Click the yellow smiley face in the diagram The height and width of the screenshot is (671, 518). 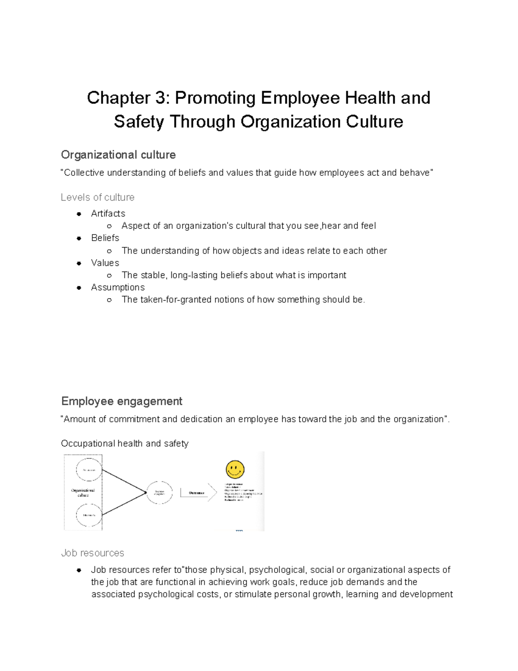pos(235,470)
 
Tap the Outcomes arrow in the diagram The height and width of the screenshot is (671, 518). pos(198,493)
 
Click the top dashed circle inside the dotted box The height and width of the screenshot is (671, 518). pos(89,470)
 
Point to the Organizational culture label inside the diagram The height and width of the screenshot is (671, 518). pos(83,493)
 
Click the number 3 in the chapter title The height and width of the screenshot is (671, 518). pos(158,98)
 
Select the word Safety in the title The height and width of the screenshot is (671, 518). pos(139,121)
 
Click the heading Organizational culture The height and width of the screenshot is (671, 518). pos(118,155)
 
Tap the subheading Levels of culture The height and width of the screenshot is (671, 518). pos(98,197)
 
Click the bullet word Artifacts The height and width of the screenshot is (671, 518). pos(108,213)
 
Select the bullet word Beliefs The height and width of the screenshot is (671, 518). pos(105,238)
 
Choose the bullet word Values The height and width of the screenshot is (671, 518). pos(105,263)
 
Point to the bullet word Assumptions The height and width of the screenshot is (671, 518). pos(117,287)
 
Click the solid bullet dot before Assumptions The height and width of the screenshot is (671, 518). pos(79,288)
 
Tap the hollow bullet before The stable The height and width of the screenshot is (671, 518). pos(110,276)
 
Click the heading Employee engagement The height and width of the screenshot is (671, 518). pos(122,401)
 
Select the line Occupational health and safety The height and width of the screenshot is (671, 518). pos(124,443)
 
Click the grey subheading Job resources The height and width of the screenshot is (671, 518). pos(92,553)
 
